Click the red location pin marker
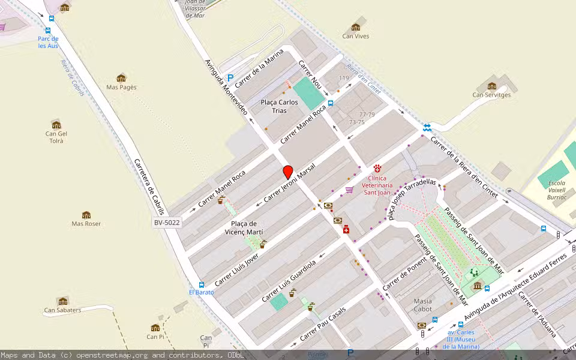(288, 172)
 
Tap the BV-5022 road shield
(167, 223)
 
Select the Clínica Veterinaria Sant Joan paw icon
(377, 169)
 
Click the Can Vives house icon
(356, 27)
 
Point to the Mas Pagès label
(121, 87)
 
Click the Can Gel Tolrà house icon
(56, 125)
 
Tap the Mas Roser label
(86, 224)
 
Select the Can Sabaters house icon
(62, 301)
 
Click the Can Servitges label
(491, 95)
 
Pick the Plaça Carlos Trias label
(279, 106)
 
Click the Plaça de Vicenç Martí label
(244, 227)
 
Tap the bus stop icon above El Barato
(201, 284)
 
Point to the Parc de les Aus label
(49, 42)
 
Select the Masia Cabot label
(422, 305)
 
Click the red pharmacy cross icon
(346, 230)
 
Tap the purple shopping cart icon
(349, 190)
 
